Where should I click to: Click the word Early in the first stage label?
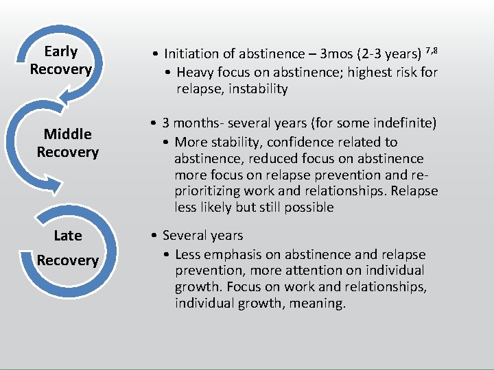point(60,51)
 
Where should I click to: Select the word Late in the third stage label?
point(68,236)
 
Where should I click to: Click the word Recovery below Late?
point(68,260)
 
